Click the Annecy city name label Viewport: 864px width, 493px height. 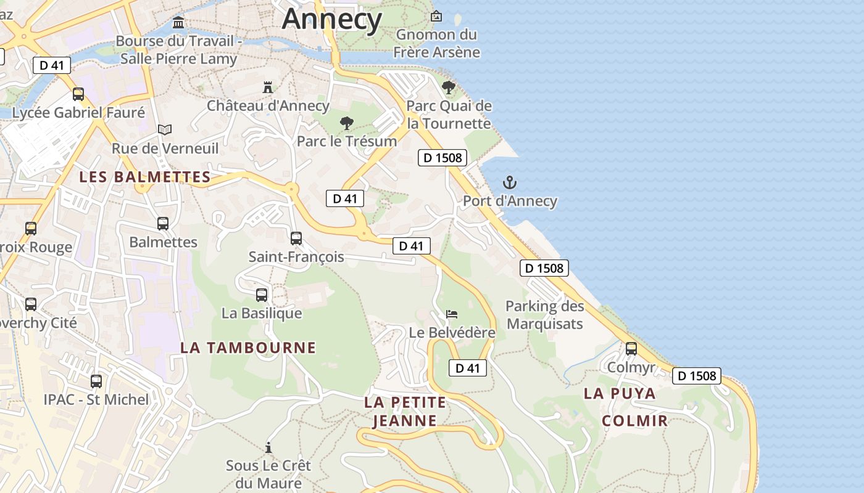[x=332, y=18]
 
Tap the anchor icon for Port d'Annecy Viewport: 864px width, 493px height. [x=510, y=182]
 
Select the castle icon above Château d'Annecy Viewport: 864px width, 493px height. [x=268, y=88]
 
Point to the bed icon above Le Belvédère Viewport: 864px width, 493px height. [x=452, y=314]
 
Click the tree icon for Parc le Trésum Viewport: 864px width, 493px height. [x=347, y=123]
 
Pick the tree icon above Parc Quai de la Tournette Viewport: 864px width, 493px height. [x=449, y=88]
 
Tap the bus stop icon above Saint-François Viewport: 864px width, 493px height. [x=296, y=238]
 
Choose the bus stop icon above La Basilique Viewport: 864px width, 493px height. [x=262, y=295]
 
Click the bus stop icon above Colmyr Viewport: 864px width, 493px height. [x=631, y=349]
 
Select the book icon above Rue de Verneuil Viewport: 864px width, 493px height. [x=164, y=129]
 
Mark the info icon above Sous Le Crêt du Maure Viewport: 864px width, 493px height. [x=268, y=447]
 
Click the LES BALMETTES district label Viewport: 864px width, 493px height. [x=145, y=177]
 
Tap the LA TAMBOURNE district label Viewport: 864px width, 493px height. [x=248, y=348]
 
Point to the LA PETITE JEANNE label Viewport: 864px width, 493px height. [x=405, y=412]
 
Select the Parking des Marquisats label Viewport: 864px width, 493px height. [x=544, y=314]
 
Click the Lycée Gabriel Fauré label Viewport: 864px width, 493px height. [x=78, y=113]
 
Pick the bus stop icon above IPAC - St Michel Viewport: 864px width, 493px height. [x=96, y=381]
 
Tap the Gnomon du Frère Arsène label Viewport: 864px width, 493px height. [x=438, y=43]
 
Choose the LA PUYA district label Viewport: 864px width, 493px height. [x=620, y=393]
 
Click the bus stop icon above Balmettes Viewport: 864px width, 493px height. [x=163, y=224]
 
